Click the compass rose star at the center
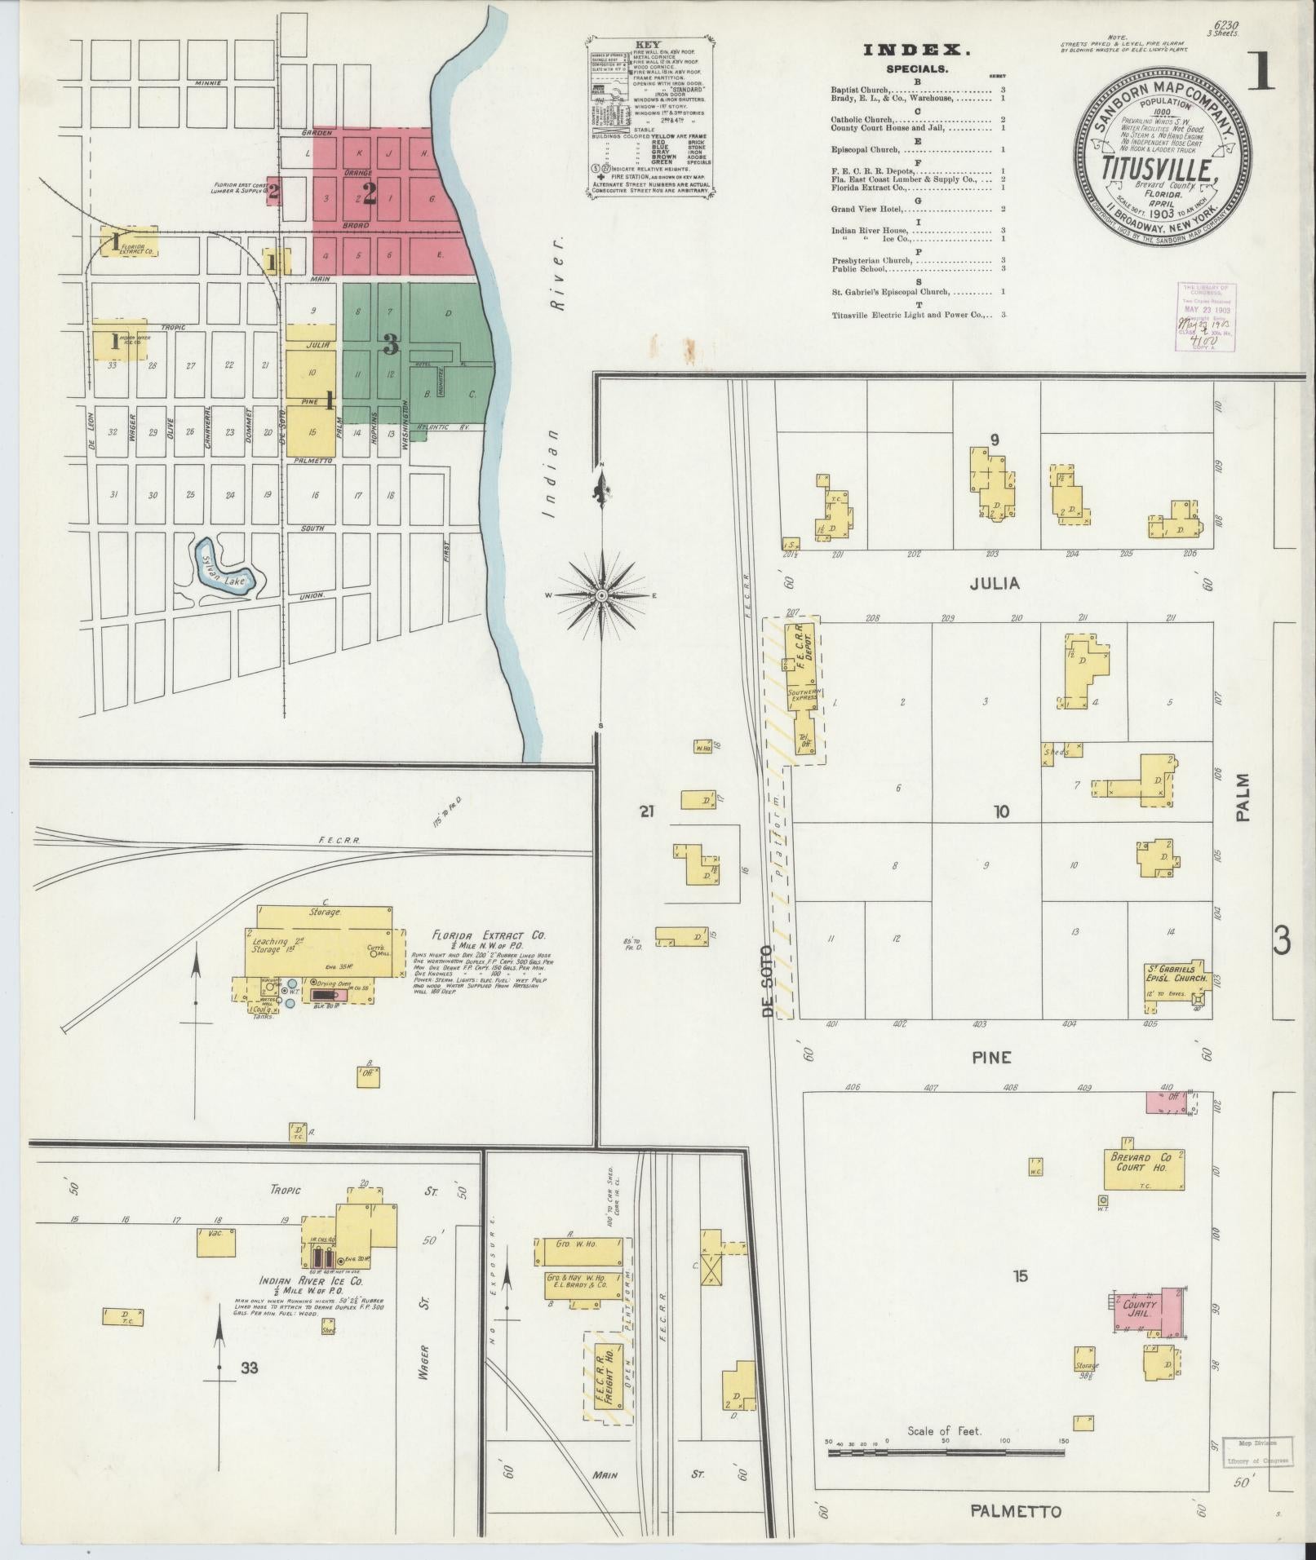601,595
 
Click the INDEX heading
917,51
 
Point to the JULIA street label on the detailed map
995,583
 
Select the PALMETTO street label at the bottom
1016,1511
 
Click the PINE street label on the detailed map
991,1057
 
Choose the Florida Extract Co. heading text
490,935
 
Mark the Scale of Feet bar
945,1452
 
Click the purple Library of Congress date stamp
1206,316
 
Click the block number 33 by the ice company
249,1368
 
